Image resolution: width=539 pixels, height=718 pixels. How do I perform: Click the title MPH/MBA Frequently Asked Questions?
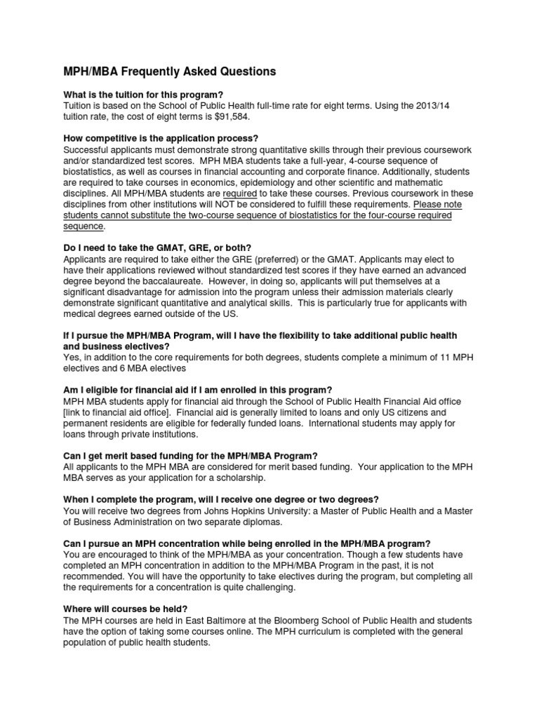click(x=160, y=72)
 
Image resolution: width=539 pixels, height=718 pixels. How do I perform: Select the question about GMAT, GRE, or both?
click(x=157, y=249)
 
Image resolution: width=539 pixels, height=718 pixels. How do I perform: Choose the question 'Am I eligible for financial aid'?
click(x=197, y=390)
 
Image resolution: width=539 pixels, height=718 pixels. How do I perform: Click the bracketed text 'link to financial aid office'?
click(x=124, y=412)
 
